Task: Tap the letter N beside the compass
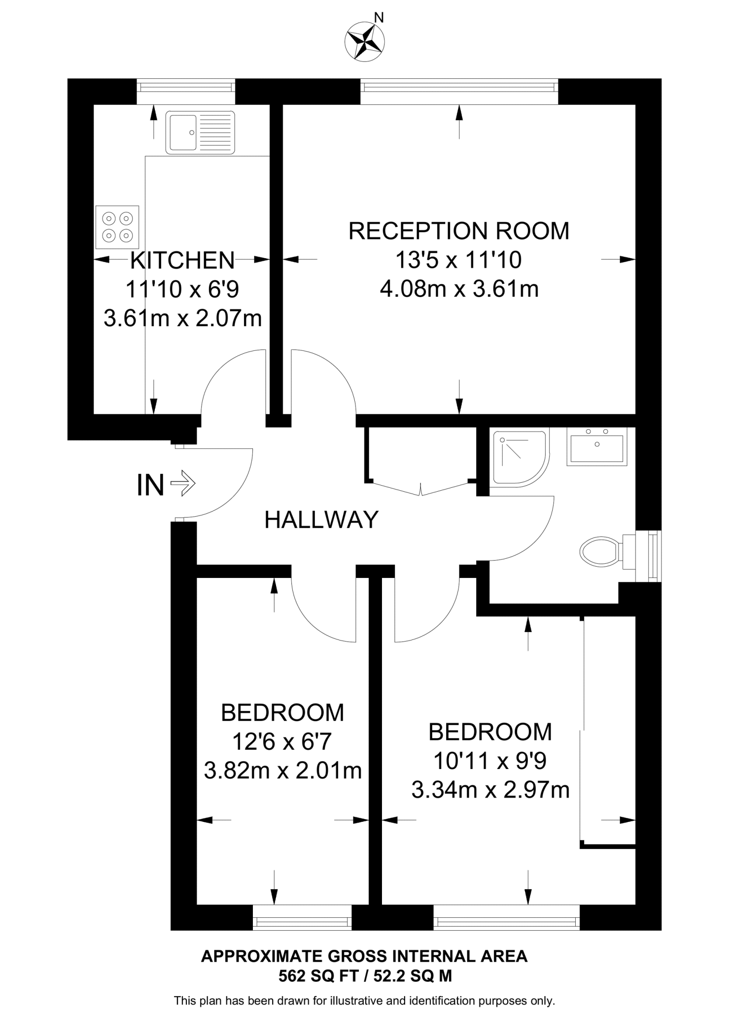(x=379, y=18)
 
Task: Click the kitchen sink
(x=200, y=132)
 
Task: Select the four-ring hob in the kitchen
(x=117, y=227)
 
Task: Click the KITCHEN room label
(x=182, y=260)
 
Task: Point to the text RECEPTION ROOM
(x=458, y=231)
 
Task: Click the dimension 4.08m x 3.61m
(x=458, y=289)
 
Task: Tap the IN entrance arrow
(x=182, y=484)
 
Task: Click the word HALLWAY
(x=321, y=520)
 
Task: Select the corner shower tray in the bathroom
(x=520, y=457)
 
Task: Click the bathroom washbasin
(x=597, y=446)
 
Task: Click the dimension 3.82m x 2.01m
(x=282, y=770)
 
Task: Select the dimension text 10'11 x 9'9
(x=490, y=761)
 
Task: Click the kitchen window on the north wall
(x=186, y=88)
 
